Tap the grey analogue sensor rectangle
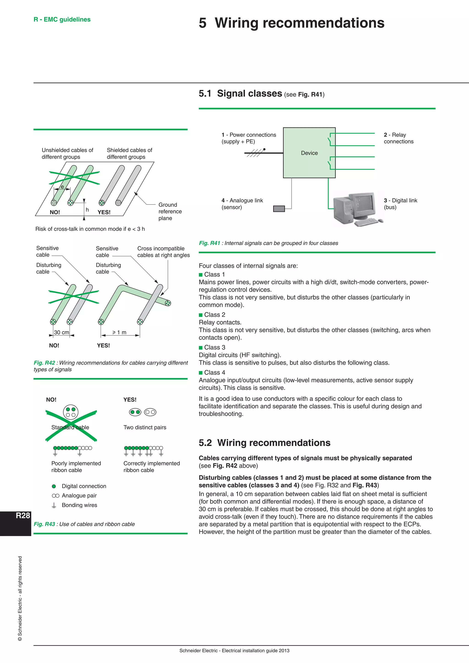point(279,209)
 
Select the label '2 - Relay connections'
point(398,138)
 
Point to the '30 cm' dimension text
point(62,332)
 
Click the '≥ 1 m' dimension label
point(120,332)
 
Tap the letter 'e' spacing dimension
point(62,187)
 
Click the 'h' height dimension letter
point(87,210)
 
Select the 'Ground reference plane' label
point(170,211)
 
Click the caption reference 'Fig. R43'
point(44,524)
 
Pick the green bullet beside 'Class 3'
point(201,348)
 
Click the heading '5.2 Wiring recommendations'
point(264,443)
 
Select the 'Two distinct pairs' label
point(145,427)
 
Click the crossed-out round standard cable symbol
point(71,412)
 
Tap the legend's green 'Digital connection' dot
point(54,486)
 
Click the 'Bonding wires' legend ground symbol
point(54,505)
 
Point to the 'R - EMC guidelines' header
point(62,19)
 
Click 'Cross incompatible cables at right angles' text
point(164,252)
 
